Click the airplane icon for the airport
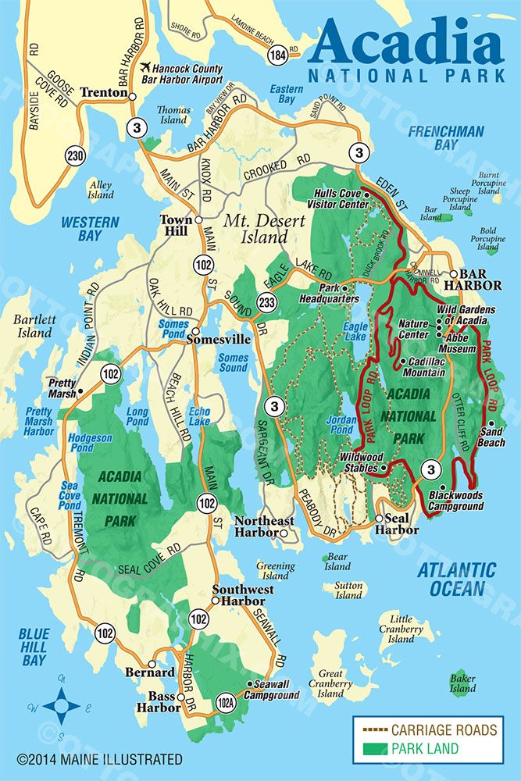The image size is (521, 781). coord(145,68)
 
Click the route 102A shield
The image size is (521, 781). coord(227,704)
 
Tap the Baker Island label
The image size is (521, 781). coord(462,683)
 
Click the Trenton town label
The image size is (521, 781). coord(103,93)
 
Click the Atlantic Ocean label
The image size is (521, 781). coord(456,579)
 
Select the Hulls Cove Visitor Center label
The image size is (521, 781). coord(341,198)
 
